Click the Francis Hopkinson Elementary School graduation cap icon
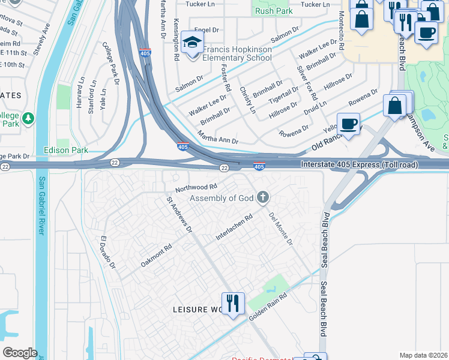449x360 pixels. pyautogui.click(x=192, y=43)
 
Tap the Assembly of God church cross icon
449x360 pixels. pyautogui.click(x=262, y=197)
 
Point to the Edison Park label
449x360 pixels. pyautogui.click(x=65, y=150)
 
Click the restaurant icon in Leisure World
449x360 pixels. pyautogui.click(x=232, y=303)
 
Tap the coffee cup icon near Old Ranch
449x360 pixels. pyautogui.click(x=348, y=125)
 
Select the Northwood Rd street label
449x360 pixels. pyautogui.click(x=196, y=188)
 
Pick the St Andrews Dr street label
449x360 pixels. pyautogui.click(x=179, y=214)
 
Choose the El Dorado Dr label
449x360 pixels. pyautogui.click(x=107, y=251)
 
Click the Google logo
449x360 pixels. pyautogui.click(x=20, y=353)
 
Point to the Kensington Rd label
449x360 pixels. pyautogui.click(x=176, y=43)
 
